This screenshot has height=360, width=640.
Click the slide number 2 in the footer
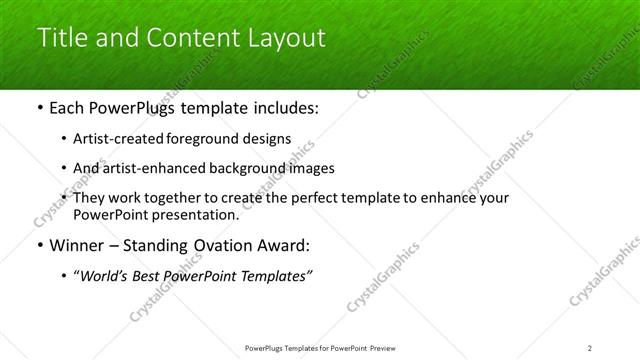tap(590, 347)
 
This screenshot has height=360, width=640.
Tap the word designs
tap(270, 139)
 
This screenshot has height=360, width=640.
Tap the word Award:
tap(288, 245)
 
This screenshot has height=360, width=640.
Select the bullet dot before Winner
tap(39, 245)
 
